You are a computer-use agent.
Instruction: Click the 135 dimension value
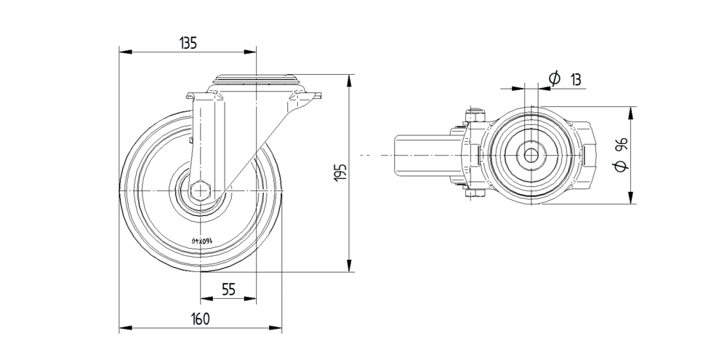tap(188, 43)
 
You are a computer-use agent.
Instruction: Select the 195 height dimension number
tap(340, 172)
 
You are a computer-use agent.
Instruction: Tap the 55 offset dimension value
tap(228, 289)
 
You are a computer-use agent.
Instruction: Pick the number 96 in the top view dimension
tap(621, 144)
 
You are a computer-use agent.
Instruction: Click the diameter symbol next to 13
tap(554, 78)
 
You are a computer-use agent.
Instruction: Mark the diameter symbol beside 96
tap(621, 166)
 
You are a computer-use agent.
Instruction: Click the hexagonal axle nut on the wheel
tap(201, 191)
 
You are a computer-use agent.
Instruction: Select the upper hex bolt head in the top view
tap(475, 116)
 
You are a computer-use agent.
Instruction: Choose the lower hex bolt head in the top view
tap(475, 194)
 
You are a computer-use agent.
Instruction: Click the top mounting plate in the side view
tap(256, 77)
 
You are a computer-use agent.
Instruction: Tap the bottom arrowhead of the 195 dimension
tap(351, 267)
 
